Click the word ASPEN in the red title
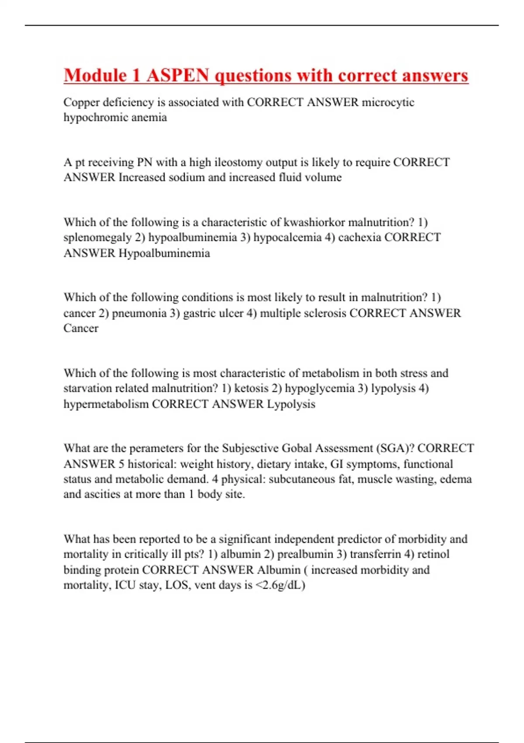point(178,75)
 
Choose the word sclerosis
point(320,313)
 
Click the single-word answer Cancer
point(81,328)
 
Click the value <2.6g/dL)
point(279,585)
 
